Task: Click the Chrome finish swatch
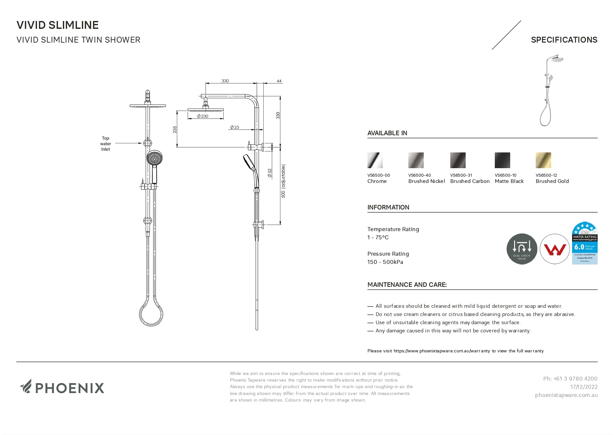[375, 160]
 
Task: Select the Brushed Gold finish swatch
[543, 160]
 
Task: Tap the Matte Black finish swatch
[502, 160]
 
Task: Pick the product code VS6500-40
[419, 175]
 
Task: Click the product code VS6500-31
[461, 175]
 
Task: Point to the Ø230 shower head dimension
[203, 116]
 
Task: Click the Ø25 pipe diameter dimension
[234, 127]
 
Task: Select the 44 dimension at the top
[279, 81]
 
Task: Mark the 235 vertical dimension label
[175, 129]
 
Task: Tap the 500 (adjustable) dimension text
[283, 181]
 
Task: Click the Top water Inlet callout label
[105, 144]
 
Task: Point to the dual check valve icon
[522, 249]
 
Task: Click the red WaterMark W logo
[555, 249]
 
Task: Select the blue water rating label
[585, 243]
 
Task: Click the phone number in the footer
[570, 379]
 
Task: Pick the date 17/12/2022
[584, 387]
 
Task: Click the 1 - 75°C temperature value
[378, 237]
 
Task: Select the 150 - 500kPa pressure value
[385, 262]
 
